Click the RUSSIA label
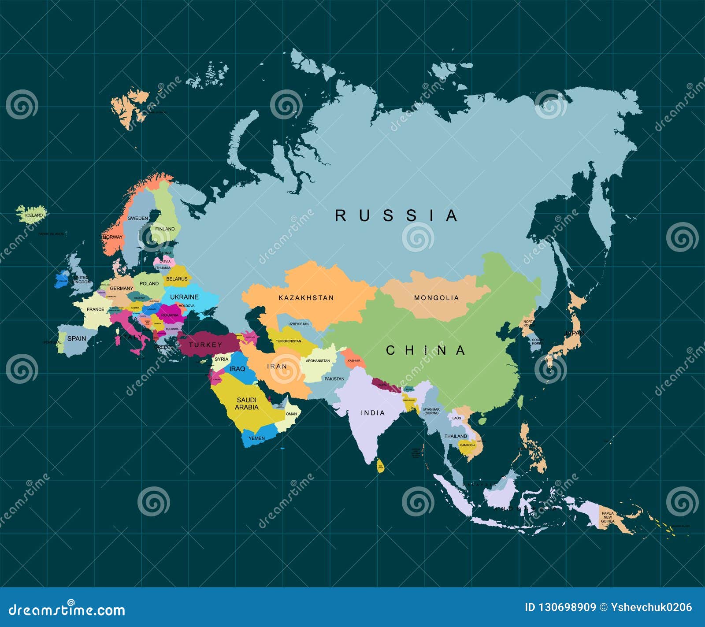[396, 215]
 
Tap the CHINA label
[425, 350]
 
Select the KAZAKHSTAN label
[306, 298]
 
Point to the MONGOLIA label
[436, 298]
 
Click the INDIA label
[373, 413]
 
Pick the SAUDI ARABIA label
[246, 404]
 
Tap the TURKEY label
[205, 345]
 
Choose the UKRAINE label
[184, 297]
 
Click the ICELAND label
[34, 215]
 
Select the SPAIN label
[77, 338]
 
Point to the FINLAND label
[165, 229]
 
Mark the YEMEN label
[256, 438]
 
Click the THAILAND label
[456, 436]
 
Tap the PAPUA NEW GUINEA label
[608, 517]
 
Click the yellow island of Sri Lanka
[380, 466]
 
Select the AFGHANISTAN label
[318, 361]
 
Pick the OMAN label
[291, 414]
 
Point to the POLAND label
[149, 283]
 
